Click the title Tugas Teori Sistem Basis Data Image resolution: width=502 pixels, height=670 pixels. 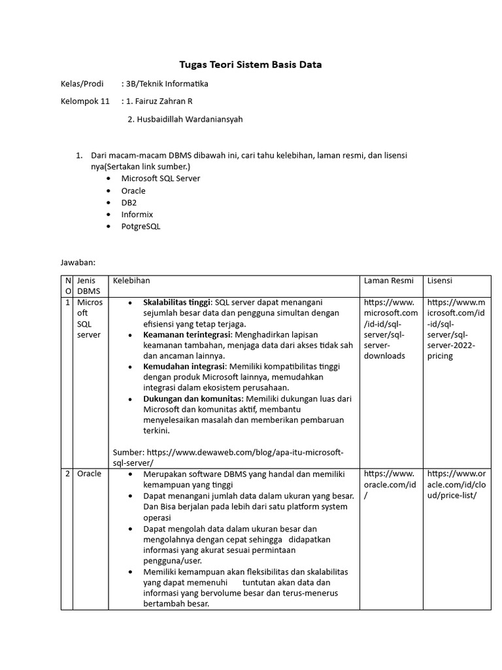tap(251, 65)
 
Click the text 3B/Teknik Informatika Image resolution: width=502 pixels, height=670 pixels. tap(167, 84)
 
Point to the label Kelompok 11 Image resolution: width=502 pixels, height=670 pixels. tap(85, 101)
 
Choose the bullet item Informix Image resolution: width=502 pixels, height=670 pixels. tap(137, 215)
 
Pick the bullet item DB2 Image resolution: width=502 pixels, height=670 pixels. tap(129, 203)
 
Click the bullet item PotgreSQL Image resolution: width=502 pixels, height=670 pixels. tap(141, 226)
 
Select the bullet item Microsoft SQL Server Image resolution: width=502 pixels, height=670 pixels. tap(161, 178)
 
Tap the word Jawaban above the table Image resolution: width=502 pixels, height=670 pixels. tap(78, 262)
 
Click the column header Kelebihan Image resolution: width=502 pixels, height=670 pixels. tap(131, 281)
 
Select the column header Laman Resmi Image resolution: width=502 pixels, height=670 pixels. tap(388, 281)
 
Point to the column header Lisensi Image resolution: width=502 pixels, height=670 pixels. tap(441, 281)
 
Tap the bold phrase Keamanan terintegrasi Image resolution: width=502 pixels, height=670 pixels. tap(188, 334)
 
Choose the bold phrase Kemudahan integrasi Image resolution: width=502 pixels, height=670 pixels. tap(184, 366)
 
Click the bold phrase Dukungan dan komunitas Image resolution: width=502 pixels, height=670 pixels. tap(190, 398)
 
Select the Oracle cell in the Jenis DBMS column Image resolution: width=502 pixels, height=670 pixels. tap(89, 474)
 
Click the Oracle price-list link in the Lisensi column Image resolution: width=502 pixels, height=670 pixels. tap(456, 484)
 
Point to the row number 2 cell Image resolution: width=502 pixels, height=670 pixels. tap(67, 474)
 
